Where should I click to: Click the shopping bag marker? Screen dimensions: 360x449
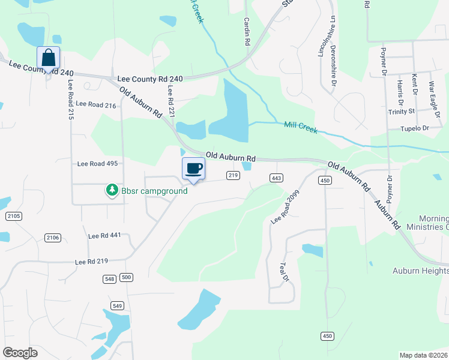pyautogui.click(x=48, y=58)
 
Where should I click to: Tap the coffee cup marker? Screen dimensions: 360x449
pyautogui.click(x=193, y=168)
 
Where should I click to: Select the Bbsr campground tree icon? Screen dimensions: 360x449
pyautogui.click(x=112, y=191)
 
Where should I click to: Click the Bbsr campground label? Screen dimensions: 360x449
pyautogui.click(x=154, y=191)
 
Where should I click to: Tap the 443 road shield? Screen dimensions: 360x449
pyautogui.click(x=276, y=178)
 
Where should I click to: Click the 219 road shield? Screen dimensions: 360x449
pyautogui.click(x=234, y=175)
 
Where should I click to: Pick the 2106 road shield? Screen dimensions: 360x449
pyautogui.click(x=53, y=238)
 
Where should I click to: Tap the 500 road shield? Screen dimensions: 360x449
pyautogui.click(x=126, y=278)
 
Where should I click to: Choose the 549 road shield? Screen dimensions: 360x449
pyautogui.click(x=118, y=305)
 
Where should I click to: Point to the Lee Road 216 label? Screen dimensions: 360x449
pyautogui.click(x=95, y=104)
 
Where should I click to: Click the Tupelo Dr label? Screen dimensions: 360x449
pyautogui.click(x=417, y=129)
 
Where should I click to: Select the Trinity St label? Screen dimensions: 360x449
pyautogui.click(x=402, y=112)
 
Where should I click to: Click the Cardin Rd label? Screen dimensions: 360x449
pyautogui.click(x=247, y=31)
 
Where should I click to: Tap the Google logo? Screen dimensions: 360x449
pyautogui.click(x=20, y=353)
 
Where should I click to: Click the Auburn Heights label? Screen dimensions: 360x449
pyautogui.click(x=420, y=271)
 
